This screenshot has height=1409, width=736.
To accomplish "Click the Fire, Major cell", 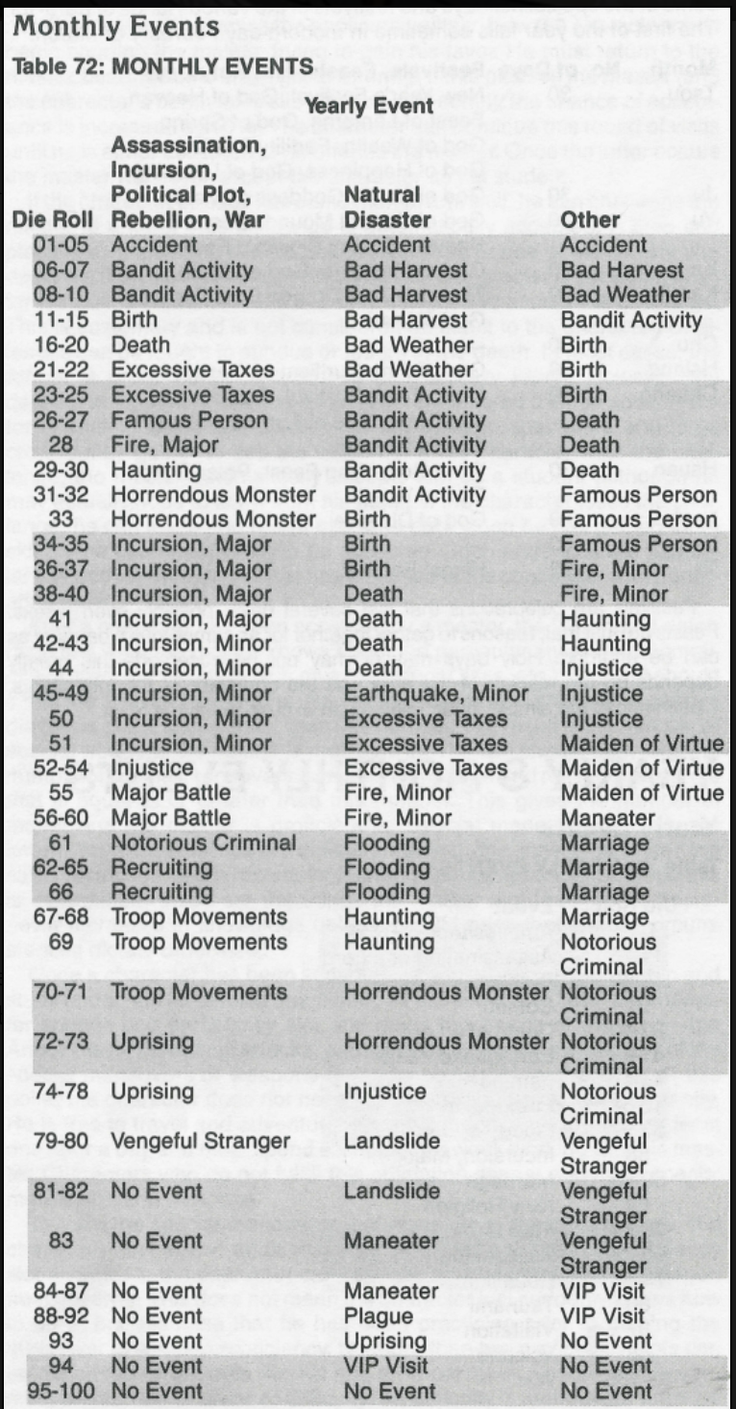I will point(157,445).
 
